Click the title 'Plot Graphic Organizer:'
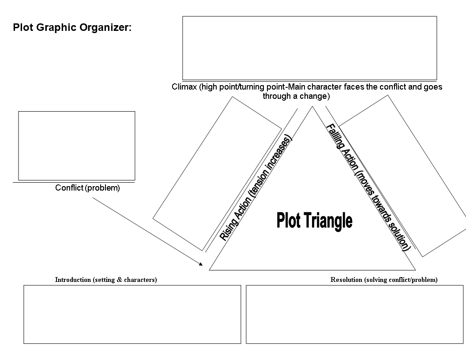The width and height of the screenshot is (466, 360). tap(72, 27)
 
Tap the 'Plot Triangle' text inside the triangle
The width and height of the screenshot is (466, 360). tap(315, 221)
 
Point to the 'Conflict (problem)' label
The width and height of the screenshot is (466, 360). tap(87, 188)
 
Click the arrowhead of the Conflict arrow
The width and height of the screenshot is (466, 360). tap(201, 264)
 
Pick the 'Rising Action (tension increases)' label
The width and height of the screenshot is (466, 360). tap(256, 188)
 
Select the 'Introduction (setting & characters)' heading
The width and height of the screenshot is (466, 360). tap(106, 280)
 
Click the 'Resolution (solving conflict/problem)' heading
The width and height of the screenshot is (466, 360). tap(384, 280)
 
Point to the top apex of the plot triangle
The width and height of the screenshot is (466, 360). tap(312, 107)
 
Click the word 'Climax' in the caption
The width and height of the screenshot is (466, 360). tap(184, 87)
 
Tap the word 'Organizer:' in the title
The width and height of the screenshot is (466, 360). tap(105, 27)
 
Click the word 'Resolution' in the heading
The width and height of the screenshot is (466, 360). tap(346, 280)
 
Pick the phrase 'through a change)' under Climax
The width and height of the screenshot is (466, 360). tap(296, 96)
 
